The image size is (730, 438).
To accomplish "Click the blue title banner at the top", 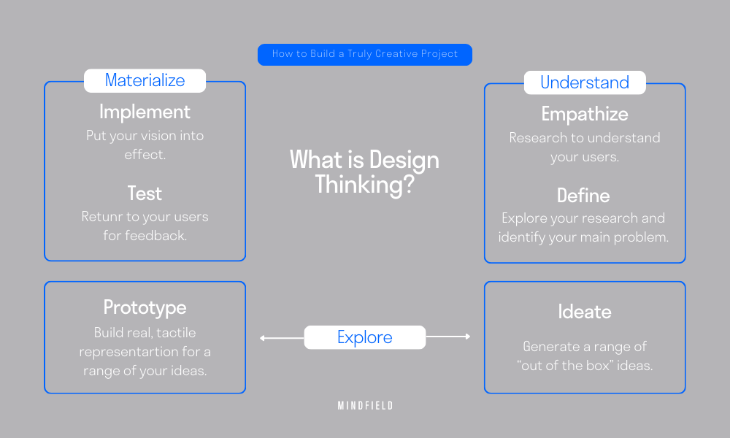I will (364, 55).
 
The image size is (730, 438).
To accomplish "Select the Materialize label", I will (145, 80).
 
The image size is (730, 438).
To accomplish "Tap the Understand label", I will (585, 82).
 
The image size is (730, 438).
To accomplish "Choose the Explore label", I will (364, 337).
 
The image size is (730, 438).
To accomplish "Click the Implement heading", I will (145, 112).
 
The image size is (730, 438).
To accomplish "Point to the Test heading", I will (145, 193).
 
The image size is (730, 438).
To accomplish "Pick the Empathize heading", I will (585, 114).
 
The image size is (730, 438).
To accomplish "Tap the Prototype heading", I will (145, 307).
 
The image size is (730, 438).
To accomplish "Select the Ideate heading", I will (584, 312).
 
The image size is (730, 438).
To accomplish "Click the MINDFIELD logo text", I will (365, 406).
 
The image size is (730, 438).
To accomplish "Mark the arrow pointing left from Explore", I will (281, 337).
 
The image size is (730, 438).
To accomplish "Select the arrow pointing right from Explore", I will (448, 337).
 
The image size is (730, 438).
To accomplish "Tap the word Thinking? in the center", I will (364, 184).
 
